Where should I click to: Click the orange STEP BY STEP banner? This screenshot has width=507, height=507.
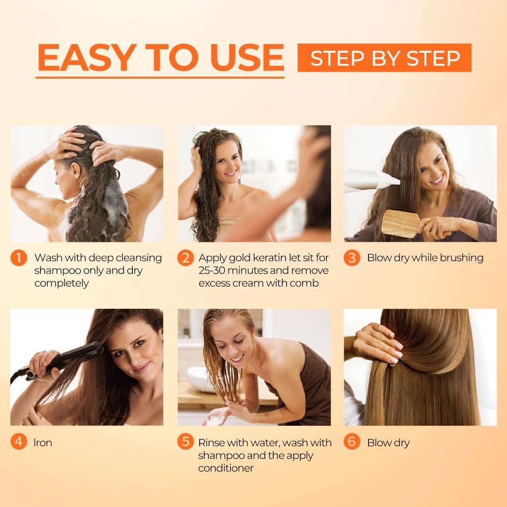384,58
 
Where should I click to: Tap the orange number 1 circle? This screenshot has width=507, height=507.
18,258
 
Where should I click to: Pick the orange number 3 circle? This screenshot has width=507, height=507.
351,258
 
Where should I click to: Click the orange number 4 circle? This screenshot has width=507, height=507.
18,442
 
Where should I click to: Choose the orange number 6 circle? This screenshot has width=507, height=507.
351,442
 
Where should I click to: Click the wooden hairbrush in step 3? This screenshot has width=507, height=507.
401,223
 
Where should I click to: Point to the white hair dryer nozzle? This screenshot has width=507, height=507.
373,180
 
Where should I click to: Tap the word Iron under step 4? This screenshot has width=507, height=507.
43,443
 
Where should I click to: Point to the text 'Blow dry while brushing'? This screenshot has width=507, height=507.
425,258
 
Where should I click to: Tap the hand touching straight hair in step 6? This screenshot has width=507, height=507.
378,342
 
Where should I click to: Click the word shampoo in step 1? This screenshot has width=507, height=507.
56,271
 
